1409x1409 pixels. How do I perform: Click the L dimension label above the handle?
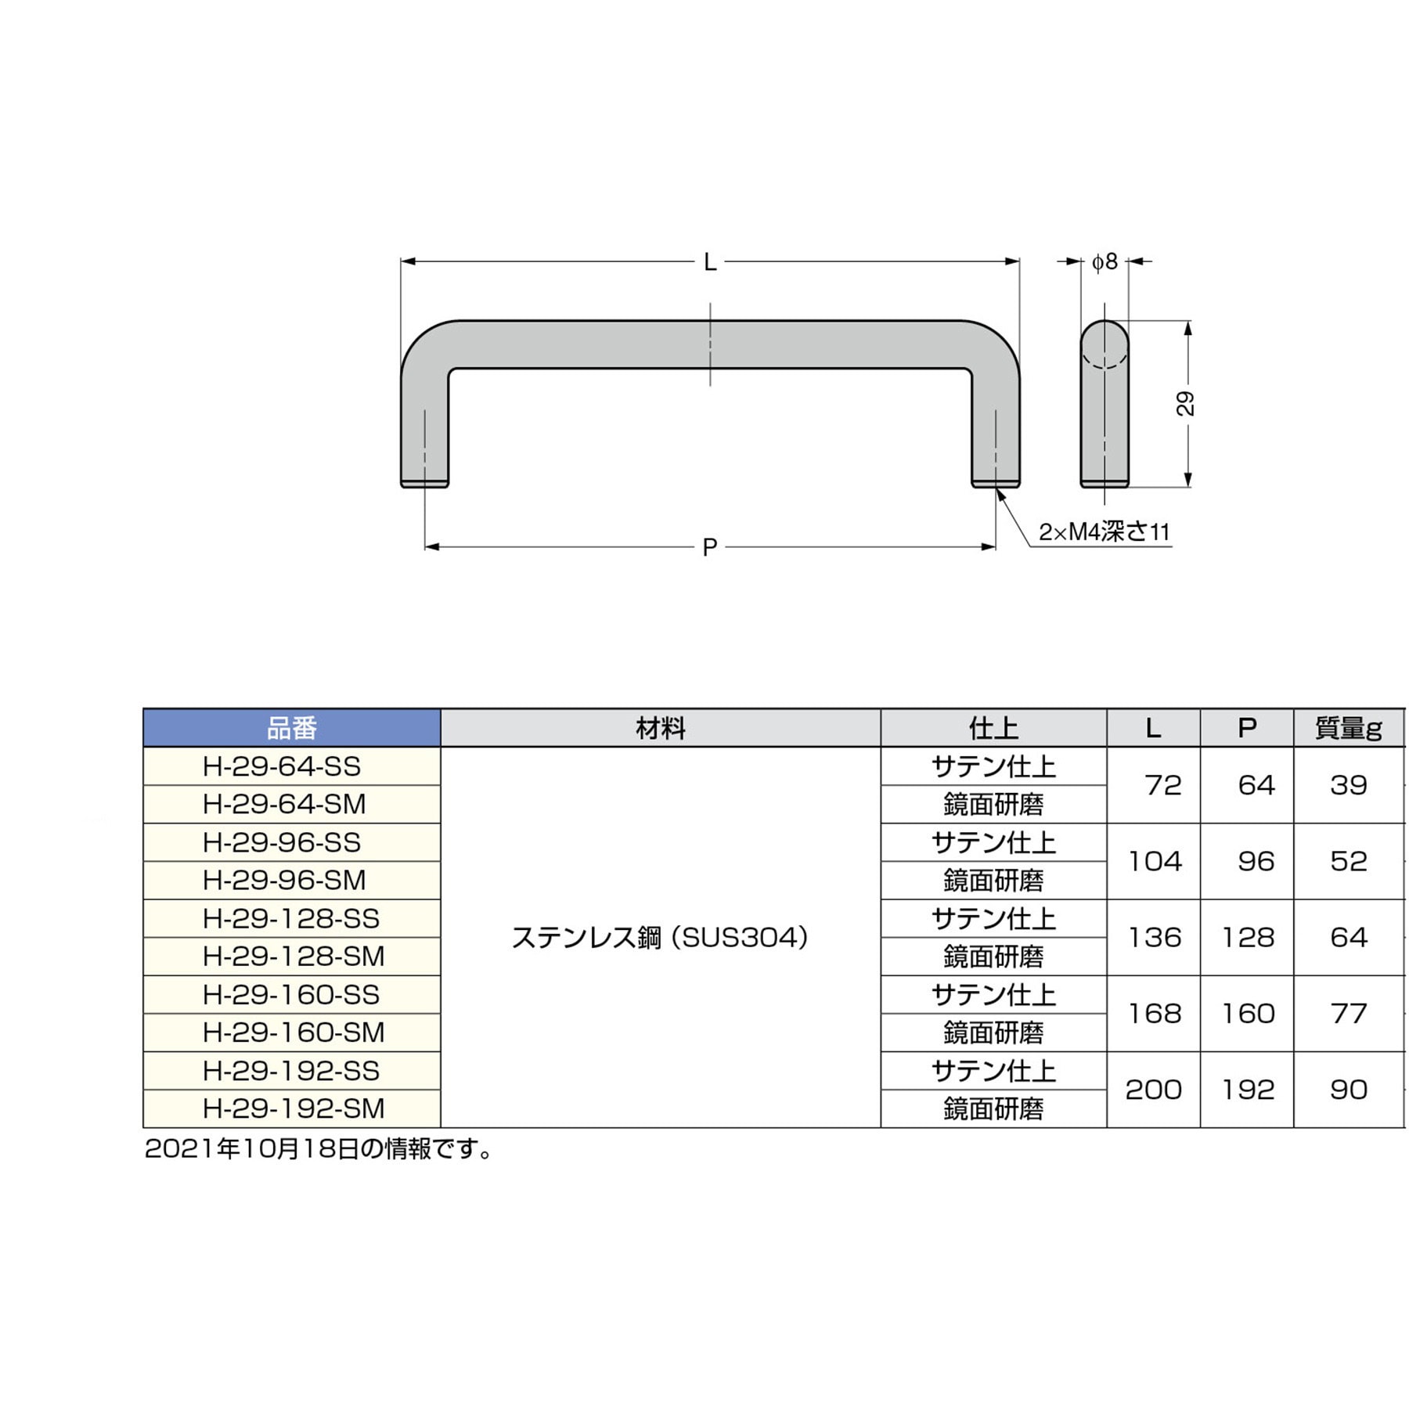[710, 262]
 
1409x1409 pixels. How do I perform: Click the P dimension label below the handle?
[710, 547]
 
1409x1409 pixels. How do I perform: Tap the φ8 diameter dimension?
[1104, 262]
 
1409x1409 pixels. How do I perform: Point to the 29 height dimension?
[1186, 404]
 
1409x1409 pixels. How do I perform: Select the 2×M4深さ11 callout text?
[1104, 532]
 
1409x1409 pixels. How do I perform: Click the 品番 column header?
[292, 729]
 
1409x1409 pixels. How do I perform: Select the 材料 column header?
[661, 729]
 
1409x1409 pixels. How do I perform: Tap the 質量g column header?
[1348, 729]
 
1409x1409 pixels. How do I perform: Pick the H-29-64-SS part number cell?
[282, 766]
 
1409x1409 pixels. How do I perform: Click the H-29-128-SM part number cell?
[294, 957]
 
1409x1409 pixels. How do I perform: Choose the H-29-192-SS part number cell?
[291, 1071]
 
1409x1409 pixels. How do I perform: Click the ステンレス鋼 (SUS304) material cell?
[660, 938]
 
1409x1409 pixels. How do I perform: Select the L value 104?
[1154, 862]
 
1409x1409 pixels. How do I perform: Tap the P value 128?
[1248, 938]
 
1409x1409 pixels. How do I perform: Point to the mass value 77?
[1348, 1014]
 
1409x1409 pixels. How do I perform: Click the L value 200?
[1154, 1090]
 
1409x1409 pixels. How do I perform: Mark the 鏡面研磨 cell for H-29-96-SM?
[993, 881]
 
